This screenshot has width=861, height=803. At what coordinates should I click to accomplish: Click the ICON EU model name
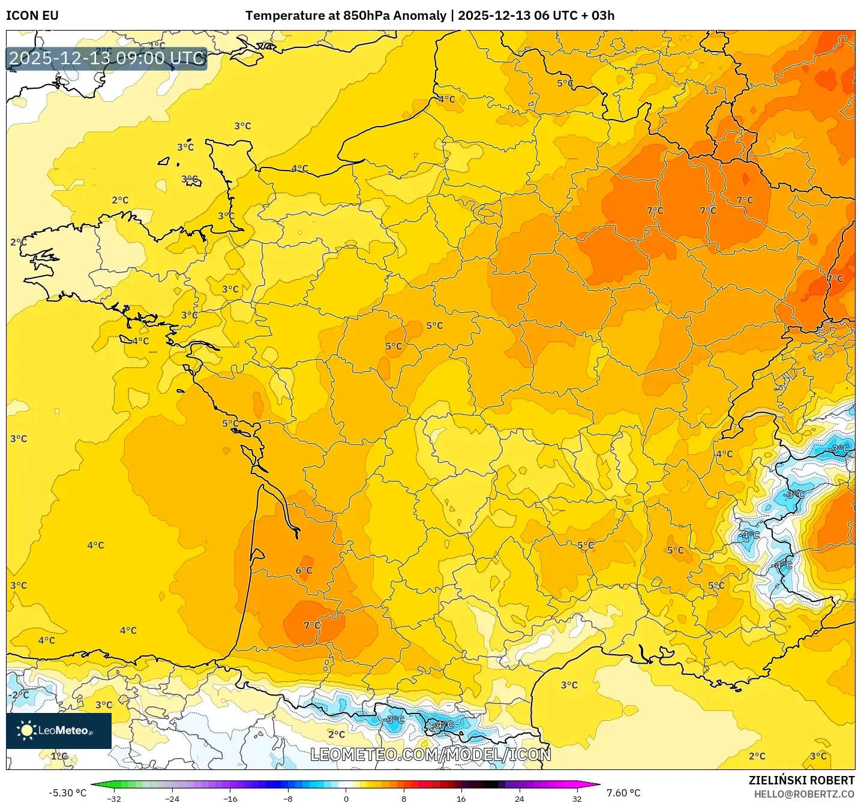point(32,16)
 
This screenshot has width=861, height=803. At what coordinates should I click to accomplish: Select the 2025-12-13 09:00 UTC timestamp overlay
point(107,58)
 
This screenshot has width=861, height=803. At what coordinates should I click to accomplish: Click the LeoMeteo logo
point(58,730)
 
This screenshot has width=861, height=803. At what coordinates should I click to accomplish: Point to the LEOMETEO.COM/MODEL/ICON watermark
point(430,754)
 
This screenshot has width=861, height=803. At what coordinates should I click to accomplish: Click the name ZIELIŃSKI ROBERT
point(801,780)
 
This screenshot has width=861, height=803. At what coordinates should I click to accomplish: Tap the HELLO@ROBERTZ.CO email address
point(803,794)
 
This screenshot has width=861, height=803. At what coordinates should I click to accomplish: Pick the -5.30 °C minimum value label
point(67,793)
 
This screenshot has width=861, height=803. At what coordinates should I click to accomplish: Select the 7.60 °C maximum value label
point(623,793)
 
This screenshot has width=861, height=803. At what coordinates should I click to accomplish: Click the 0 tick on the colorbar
point(346,798)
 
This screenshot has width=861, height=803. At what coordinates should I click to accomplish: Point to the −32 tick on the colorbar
point(114,798)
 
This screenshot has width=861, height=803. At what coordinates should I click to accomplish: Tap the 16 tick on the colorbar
point(461,798)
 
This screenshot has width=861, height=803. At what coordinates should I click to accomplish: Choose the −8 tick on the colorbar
point(288,798)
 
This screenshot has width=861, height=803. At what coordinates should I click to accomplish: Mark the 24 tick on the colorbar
point(519,798)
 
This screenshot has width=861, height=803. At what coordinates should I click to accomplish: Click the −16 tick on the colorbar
point(230,798)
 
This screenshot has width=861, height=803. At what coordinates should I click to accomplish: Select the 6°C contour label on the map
point(304,571)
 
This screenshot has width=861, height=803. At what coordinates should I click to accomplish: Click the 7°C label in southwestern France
point(311,625)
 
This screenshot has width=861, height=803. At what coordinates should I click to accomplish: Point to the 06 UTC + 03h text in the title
point(574,16)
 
